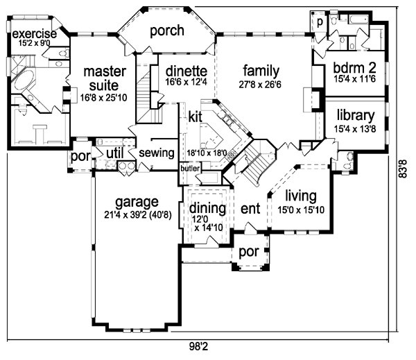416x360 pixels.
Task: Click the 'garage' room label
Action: [x=137, y=203]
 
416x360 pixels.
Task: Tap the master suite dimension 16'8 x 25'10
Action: [x=104, y=98]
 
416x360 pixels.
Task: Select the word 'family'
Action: [x=261, y=71]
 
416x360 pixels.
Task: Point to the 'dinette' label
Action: [x=187, y=71]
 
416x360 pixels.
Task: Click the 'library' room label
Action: [x=356, y=115]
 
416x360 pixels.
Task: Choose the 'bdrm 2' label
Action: [x=354, y=68]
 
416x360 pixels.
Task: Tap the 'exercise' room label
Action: [x=35, y=34]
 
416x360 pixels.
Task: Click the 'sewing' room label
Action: [x=157, y=153]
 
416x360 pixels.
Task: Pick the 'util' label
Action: [x=115, y=153]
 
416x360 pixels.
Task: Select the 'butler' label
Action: [x=190, y=169]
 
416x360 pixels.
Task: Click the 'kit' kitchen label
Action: [x=195, y=117]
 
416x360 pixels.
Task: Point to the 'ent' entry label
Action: [x=250, y=209]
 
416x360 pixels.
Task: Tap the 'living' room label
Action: [x=301, y=196]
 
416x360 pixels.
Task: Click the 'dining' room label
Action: [x=207, y=208]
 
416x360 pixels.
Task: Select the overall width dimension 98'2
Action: [x=198, y=346]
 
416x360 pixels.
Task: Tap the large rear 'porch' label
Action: [x=167, y=31]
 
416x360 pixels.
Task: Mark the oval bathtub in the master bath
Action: [x=24, y=79]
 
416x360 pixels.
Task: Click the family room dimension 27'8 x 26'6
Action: [x=260, y=85]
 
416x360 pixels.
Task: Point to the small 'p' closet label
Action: [x=320, y=22]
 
